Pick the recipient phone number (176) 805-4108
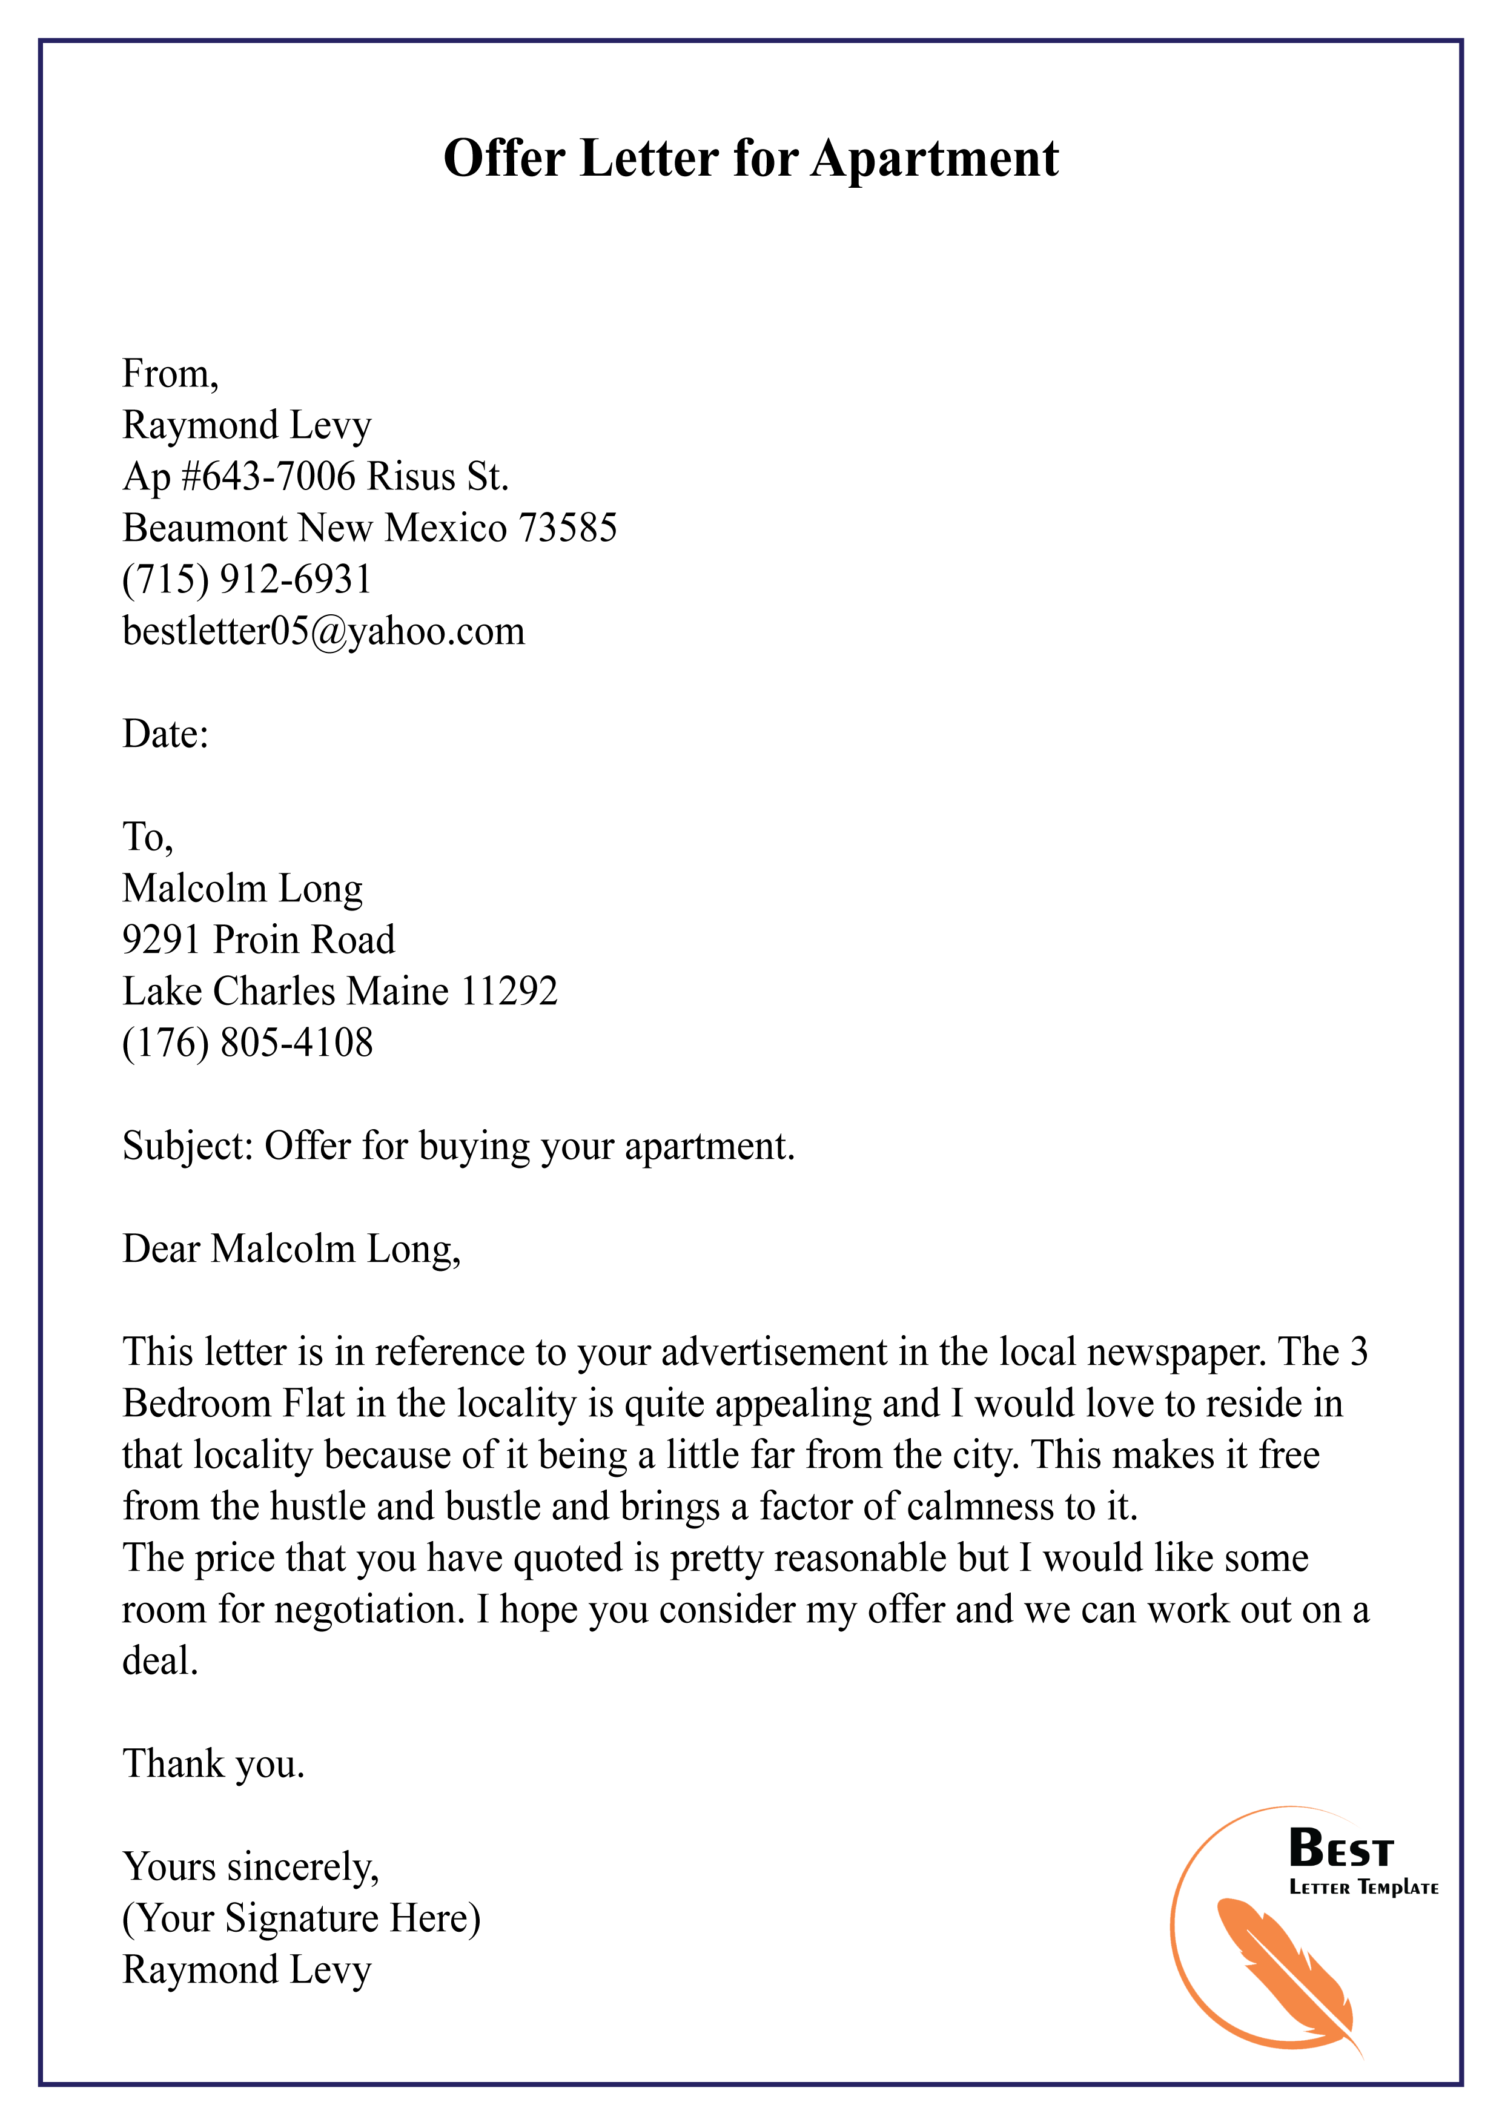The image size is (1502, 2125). (x=247, y=1043)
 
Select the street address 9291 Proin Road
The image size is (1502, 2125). (x=258, y=940)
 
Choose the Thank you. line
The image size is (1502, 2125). (x=214, y=1764)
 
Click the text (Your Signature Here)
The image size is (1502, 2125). (x=302, y=1918)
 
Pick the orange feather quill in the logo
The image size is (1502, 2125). (x=1286, y=1971)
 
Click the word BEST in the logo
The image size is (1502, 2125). (x=1340, y=1850)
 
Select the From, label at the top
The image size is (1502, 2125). (x=170, y=374)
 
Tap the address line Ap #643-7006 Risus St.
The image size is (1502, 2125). (x=316, y=477)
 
